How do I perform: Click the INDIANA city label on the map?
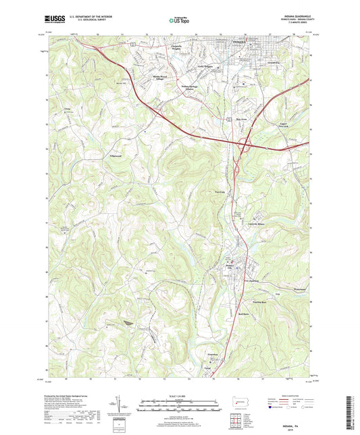(x=231, y=42)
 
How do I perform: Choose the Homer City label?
(x=232, y=267)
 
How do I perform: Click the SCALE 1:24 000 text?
(x=179, y=396)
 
